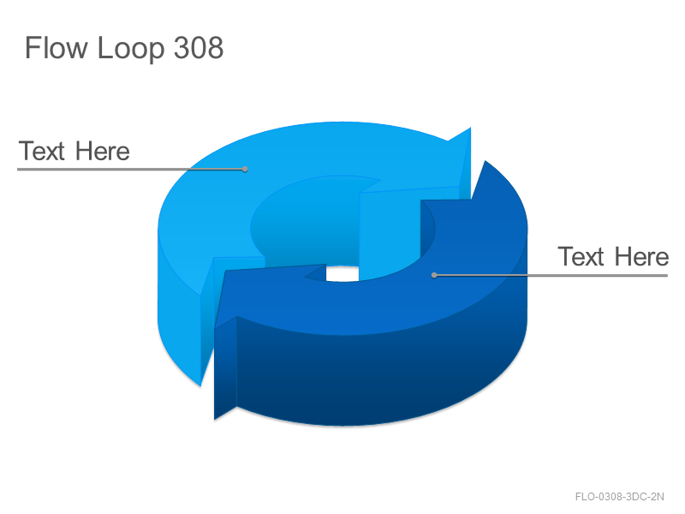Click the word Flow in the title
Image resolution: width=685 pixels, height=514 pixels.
[57, 47]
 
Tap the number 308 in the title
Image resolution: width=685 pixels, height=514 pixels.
[199, 47]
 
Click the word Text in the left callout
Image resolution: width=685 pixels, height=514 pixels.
[42, 151]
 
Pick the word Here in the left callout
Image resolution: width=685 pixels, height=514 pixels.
[102, 151]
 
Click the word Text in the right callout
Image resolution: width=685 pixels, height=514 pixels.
[581, 256]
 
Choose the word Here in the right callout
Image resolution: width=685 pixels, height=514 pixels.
[641, 256]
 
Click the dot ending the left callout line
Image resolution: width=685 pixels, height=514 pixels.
[245, 169]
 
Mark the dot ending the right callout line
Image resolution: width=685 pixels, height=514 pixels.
[434, 275]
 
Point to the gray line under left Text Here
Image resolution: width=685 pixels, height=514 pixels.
[131, 169]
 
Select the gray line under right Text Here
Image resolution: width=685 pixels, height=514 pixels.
[551, 275]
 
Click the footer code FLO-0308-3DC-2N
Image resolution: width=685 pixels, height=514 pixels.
[619, 497]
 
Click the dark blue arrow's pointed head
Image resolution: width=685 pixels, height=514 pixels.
[485, 161]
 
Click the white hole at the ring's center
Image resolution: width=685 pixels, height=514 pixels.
[342, 273]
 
